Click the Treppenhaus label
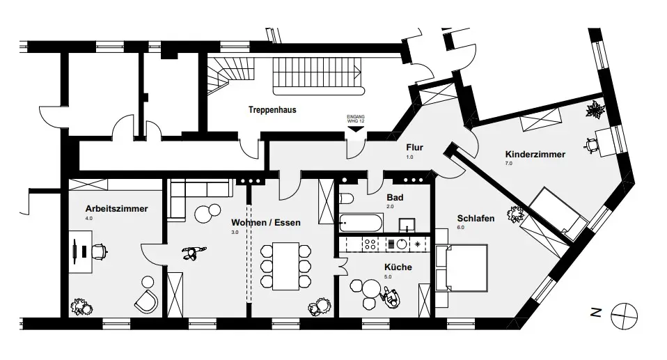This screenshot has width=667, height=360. point(273,110)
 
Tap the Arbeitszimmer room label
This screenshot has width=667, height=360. point(117,208)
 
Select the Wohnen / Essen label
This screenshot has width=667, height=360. point(266,223)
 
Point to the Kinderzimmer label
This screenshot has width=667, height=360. point(535,154)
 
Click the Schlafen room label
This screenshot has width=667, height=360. point(476,218)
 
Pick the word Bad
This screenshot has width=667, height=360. point(395,198)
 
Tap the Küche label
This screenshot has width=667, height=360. point(398,267)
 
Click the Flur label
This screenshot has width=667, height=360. point(416,148)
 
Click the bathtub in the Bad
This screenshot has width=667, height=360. point(361,224)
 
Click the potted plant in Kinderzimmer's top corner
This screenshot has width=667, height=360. point(596,109)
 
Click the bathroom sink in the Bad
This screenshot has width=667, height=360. point(407,224)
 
